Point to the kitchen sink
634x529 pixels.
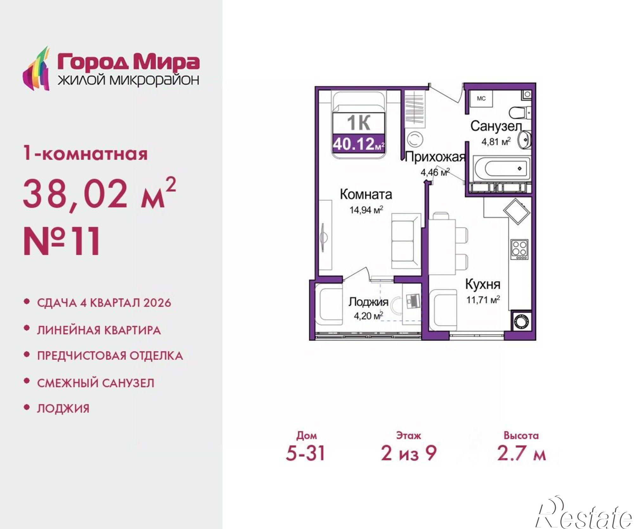tap(517, 211)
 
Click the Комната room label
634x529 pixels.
tap(366, 194)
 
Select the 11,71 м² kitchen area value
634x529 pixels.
tap(483, 300)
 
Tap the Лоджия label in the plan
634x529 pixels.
tap(368, 302)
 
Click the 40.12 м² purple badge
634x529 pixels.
tap(359, 144)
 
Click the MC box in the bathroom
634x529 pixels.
tap(481, 99)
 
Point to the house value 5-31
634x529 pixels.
tap(305, 453)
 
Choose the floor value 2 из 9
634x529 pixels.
tap(409, 453)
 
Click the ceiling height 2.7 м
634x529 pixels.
tap(521, 453)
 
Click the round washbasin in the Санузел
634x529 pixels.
tap(525, 140)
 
